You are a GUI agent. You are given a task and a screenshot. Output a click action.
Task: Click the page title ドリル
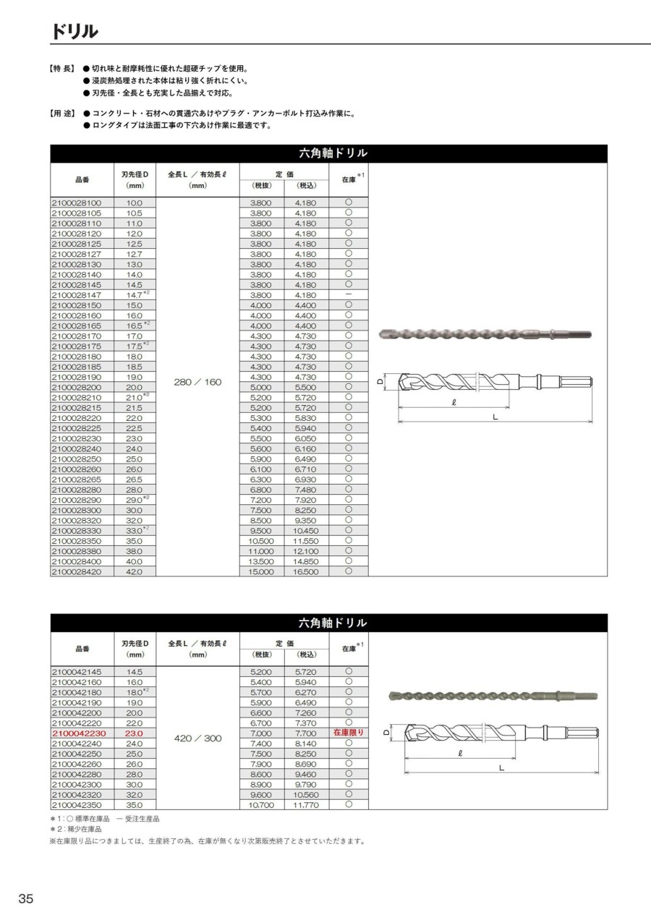75,33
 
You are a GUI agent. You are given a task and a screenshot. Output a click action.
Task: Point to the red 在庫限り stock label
349,733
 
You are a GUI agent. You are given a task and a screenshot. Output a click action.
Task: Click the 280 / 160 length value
197,382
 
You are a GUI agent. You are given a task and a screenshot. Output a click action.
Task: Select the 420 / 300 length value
197,739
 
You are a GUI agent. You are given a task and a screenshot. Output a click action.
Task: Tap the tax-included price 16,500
306,571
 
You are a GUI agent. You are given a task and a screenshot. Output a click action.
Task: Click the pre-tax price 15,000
261,571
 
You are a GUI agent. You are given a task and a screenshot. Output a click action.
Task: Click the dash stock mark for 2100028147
349,295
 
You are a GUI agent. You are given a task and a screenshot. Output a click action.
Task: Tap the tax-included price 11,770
306,804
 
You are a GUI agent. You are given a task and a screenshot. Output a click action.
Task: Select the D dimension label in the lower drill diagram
387,732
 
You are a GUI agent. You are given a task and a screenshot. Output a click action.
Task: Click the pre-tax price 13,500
261,561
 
